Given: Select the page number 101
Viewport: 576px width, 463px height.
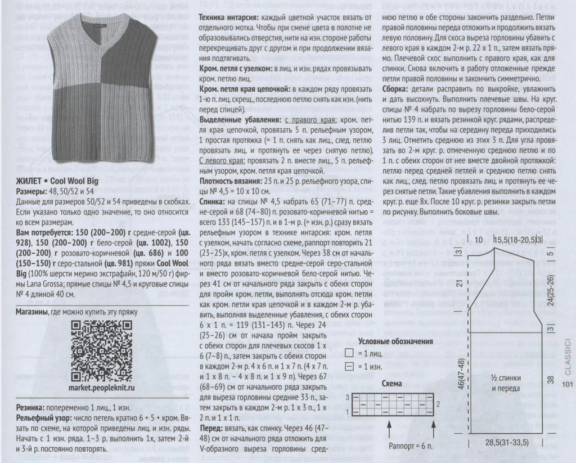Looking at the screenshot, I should [566, 385].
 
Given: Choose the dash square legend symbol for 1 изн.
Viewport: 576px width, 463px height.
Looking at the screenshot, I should [349, 366].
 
